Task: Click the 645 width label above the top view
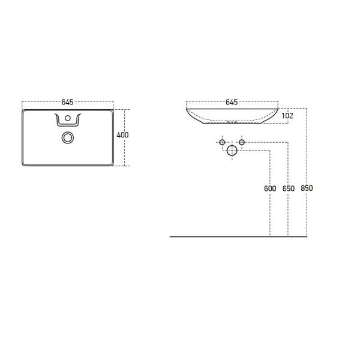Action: [x=67, y=101]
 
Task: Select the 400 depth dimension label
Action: [x=122, y=135]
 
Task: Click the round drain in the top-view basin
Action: [x=67, y=138]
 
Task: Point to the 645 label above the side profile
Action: [x=232, y=101]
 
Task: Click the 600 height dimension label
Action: [x=270, y=188]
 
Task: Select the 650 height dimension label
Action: [x=288, y=188]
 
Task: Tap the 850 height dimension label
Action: [x=307, y=188]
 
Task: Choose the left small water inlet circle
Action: [x=222, y=143]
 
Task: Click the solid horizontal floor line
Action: [x=240, y=237]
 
